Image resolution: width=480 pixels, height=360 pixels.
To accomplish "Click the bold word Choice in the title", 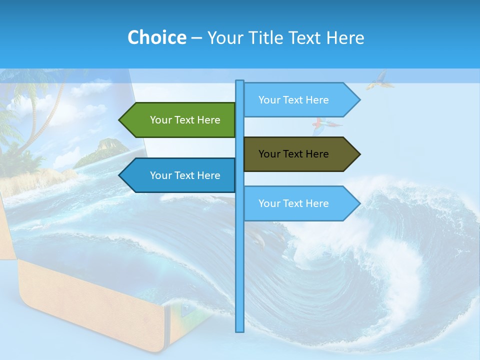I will [x=156, y=38].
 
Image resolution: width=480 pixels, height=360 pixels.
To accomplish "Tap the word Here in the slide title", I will [x=345, y=38].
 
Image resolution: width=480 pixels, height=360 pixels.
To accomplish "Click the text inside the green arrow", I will [x=185, y=120].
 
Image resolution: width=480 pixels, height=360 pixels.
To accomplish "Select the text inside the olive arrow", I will [x=293, y=154].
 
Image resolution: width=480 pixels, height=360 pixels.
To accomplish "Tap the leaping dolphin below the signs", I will [x=258, y=240].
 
